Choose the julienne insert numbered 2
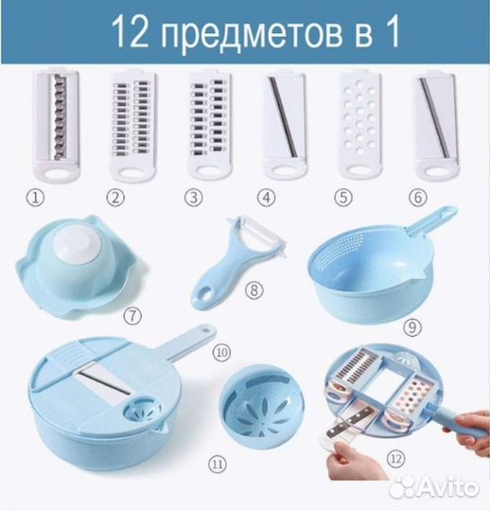133,121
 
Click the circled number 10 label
223,351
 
